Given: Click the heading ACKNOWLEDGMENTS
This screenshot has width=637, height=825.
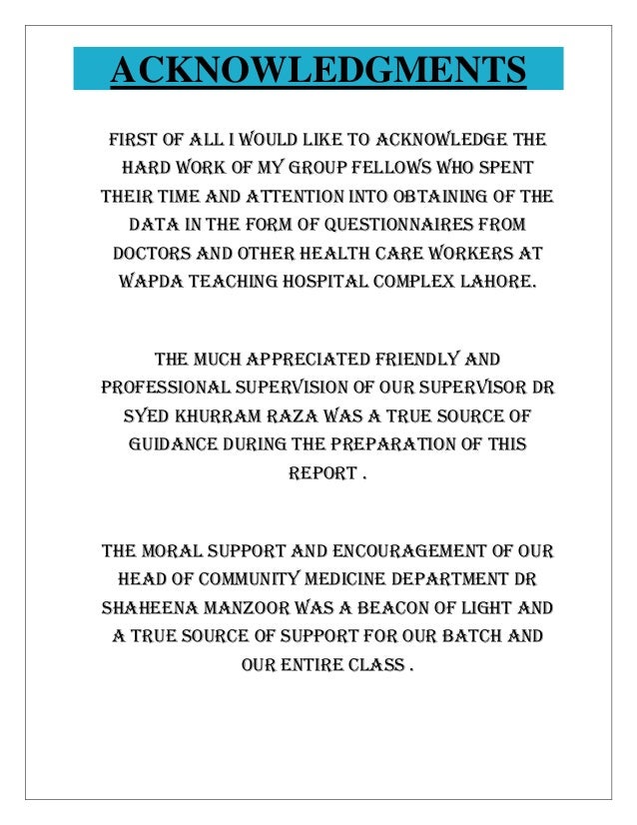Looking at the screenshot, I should pos(318,71).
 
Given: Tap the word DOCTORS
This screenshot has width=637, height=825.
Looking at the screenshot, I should pos(148,253).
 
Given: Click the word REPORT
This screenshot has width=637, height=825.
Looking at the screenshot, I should pos(320,469).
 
